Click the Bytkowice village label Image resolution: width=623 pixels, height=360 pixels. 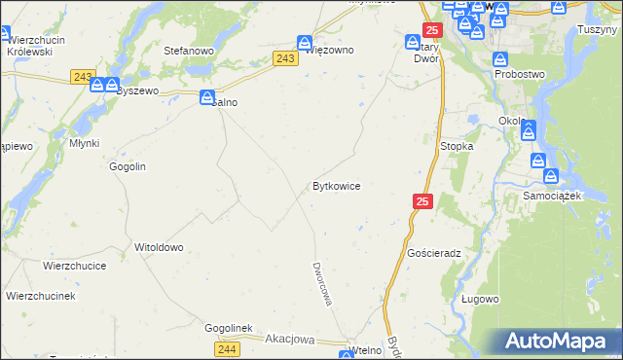pyautogui.click(x=337, y=185)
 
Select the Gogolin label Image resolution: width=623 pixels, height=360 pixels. pyautogui.click(x=128, y=166)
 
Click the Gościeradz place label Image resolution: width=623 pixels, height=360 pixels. pyautogui.click(x=434, y=252)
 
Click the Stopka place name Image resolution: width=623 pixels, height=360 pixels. pyautogui.click(x=457, y=146)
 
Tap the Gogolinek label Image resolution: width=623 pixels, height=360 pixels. pyautogui.click(x=228, y=328)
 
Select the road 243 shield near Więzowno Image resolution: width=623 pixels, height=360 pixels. pyautogui.click(x=285, y=59)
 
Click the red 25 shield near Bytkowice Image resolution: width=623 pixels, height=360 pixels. pyautogui.click(x=421, y=201)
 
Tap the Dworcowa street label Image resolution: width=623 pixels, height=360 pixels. pyautogui.click(x=322, y=283)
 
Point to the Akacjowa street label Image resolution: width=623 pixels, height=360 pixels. pyautogui.click(x=290, y=340)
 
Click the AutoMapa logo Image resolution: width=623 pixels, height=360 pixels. pyautogui.click(x=560, y=341)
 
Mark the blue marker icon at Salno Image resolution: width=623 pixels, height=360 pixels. pyautogui.click(x=207, y=97)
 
